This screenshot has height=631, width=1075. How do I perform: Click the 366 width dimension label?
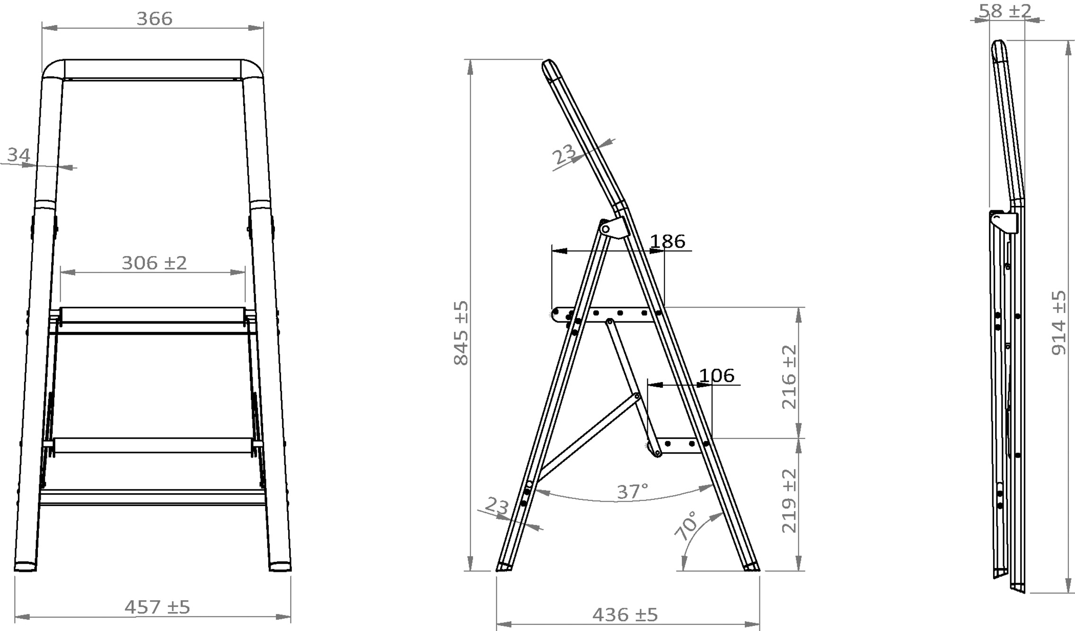154,19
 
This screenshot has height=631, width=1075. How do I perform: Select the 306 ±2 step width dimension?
154,263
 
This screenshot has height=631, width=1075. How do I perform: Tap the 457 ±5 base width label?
157,607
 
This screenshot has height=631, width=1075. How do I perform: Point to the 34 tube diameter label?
19,155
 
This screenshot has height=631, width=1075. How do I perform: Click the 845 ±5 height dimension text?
461,333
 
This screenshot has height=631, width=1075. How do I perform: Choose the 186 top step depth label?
668,241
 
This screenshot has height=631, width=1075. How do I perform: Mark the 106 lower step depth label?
717,376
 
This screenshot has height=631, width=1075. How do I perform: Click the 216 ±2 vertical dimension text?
789,377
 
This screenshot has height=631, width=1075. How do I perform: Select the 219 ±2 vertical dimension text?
789,501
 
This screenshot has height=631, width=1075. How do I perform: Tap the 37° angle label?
632,492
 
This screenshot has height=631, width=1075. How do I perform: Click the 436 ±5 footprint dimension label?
625,615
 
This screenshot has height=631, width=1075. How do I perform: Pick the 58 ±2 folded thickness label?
1005,10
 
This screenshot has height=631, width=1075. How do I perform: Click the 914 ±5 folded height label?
1059,323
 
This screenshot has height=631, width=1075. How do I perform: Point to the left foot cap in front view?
26,566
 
